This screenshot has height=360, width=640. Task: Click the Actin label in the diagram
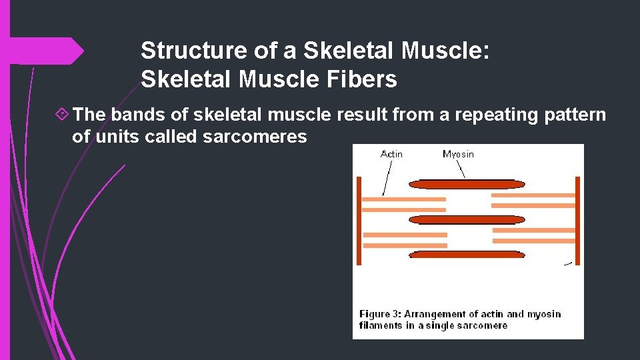[391, 154]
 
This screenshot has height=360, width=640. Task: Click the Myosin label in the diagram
[458, 154]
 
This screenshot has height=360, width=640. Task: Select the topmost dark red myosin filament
[467, 184]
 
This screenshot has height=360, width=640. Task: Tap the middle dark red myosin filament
[467, 219]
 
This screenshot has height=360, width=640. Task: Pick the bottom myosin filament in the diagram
[467, 255]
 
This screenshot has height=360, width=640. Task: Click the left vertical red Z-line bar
[359, 220]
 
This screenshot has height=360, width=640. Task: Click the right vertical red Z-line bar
[577, 220]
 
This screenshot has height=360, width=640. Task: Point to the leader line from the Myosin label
[464, 169]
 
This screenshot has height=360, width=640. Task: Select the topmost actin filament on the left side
[404, 199]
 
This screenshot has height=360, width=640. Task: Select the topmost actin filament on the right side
[533, 195]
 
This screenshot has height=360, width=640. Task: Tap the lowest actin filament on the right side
[533, 241]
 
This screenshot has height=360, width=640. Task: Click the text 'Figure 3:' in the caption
[380, 314]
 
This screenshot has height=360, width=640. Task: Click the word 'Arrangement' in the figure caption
[434, 314]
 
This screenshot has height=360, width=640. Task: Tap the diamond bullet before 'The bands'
[61, 115]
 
